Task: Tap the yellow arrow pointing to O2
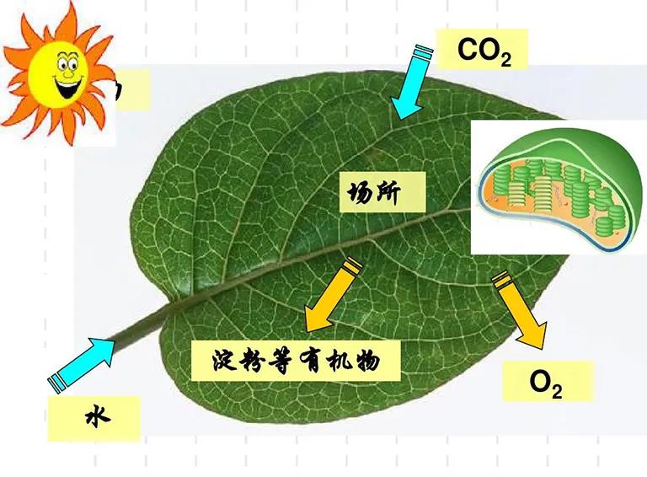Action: coord(522,312)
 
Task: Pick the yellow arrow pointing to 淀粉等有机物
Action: coord(332,295)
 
